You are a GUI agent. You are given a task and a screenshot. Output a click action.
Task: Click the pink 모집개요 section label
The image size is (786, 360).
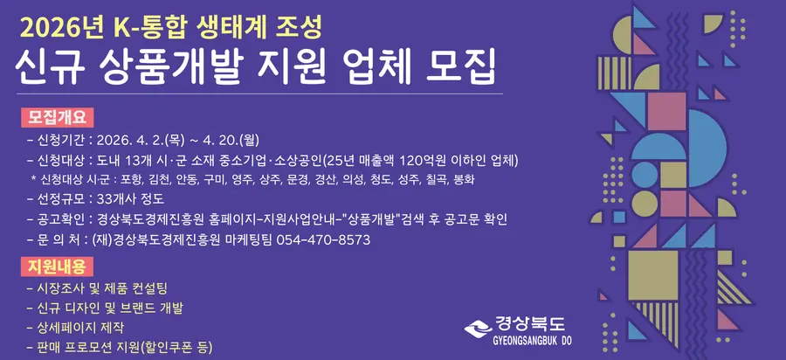pos(57,117)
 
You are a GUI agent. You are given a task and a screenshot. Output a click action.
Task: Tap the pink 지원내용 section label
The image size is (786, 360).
pos(57,267)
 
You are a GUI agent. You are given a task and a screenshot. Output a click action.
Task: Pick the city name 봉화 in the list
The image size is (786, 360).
pos(463,179)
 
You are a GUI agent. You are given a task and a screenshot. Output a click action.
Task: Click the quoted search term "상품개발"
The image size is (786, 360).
pos(370,219)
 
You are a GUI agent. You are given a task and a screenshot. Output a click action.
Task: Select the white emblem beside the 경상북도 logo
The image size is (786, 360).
pos(478,329)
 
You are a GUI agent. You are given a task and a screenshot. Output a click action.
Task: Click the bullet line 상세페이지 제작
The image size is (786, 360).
pos(80,328)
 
